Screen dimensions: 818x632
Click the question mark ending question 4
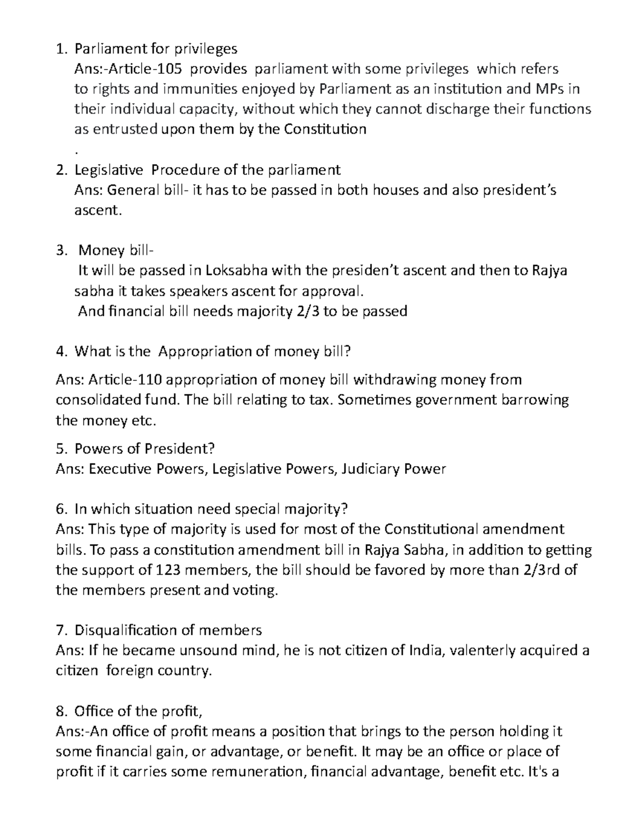(346, 351)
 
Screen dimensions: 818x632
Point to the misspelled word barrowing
(536, 400)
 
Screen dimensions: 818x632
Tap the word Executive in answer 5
(119, 469)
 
